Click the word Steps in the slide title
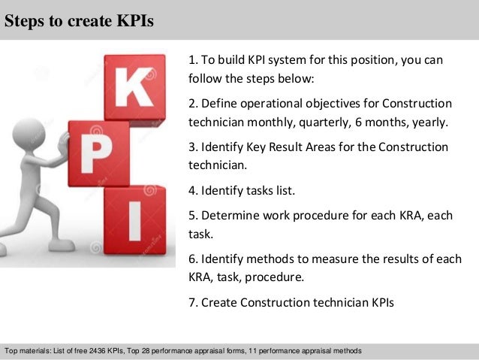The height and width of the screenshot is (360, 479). tap(23, 20)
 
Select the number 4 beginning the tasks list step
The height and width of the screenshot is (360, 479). tap(193, 190)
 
